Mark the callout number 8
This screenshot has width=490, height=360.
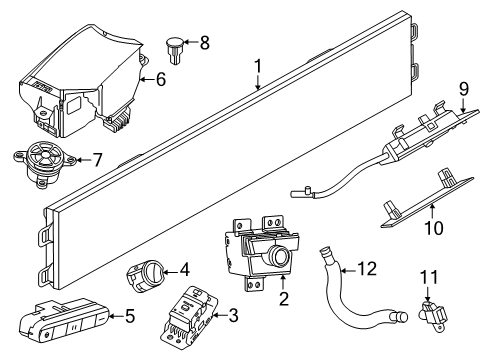click(205, 42)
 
